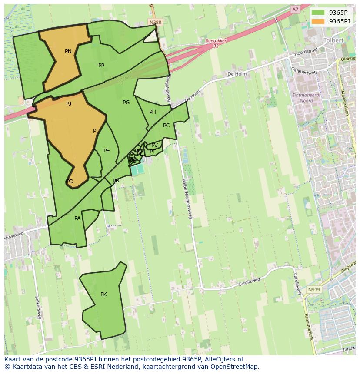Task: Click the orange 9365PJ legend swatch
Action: coord(318,21)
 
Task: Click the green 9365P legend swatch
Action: coord(318,13)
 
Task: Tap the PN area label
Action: coord(68,51)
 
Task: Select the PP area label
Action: coord(101,66)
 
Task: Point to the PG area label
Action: coord(126,103)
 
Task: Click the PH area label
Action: coord(153,112)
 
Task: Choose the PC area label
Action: coord(166,126)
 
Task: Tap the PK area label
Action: coord(103,295)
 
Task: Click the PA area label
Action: coord(77,218)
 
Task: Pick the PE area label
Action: coord(107,151)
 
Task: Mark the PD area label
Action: coord(70,182)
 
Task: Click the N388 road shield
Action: coord(154,22)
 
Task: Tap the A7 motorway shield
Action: coord(295,9)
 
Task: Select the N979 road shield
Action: coord(313,290)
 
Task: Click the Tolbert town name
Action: coord(333,40)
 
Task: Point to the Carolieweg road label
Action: coord(249,282)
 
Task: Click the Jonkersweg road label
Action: coord(38,308)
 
